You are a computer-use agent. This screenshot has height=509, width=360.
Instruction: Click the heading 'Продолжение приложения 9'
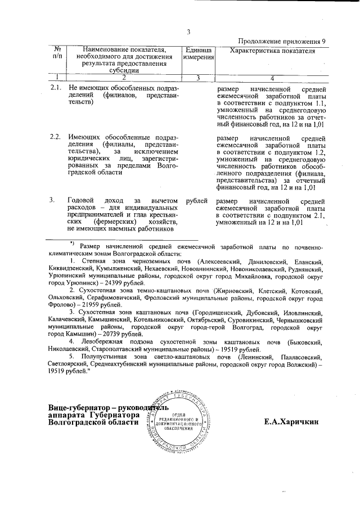(282, 42)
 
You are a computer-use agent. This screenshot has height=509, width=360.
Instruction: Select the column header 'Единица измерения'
(198, 54)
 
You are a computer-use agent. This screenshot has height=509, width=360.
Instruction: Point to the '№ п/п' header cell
(57, 54)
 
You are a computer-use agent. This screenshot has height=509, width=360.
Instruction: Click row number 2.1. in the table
(56, 89)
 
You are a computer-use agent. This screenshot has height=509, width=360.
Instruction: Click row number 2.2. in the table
(56, 137)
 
